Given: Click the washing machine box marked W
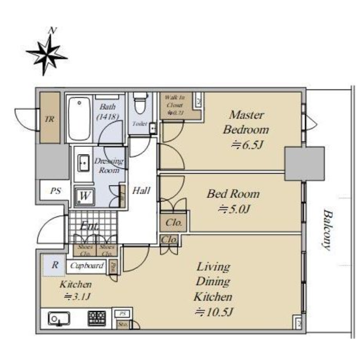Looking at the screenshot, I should point(84,195).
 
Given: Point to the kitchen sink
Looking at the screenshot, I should point(58,319).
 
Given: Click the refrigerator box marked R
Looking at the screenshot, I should point(55,266).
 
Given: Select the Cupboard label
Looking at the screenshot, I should point(87,266).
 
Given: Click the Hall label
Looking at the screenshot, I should point(141,191).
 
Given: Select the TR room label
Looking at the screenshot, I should point(49,119).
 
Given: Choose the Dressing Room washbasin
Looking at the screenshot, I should point(83,162).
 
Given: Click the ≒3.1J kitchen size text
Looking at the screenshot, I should point(76,297).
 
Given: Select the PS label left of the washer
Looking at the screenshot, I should point(56,191).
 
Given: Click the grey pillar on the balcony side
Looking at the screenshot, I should point(304,163).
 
